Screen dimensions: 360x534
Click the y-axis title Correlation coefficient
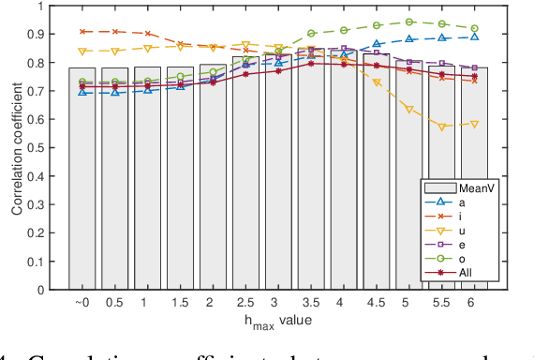pyautogui.click(x=16, y=148)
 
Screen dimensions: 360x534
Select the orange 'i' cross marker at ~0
pyautogui.click(x=82, y=32)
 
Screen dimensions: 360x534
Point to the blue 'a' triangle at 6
pyautogui.click(x=474, y=37)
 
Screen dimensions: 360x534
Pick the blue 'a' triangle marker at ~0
pyautogui.click(x=82, y=92)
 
